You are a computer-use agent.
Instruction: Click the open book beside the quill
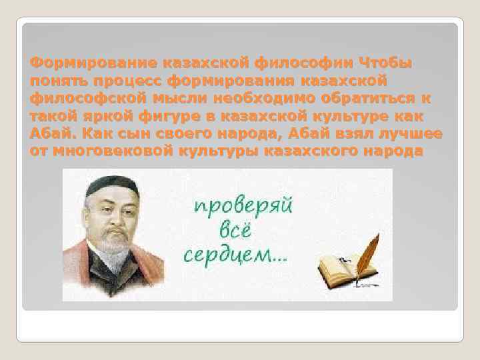pos(342,271)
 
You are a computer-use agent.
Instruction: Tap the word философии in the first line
pos(304,63)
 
